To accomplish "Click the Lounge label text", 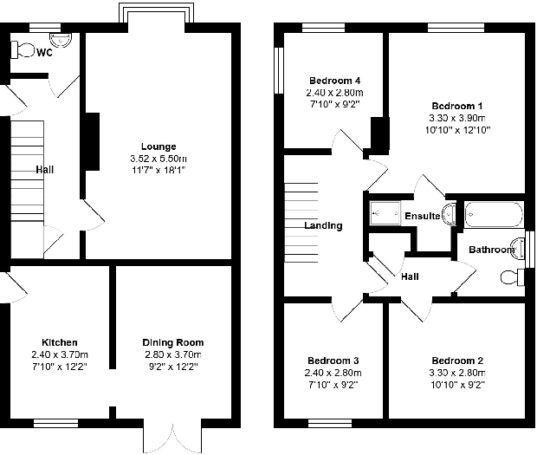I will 159,146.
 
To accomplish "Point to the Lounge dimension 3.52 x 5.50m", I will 159,159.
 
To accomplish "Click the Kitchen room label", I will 60,342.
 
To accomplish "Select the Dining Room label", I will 173,342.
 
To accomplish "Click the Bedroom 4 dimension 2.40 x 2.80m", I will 333,93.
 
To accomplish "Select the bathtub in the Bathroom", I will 494,213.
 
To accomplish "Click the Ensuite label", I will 422,216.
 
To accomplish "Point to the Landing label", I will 323,226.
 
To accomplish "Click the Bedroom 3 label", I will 333,361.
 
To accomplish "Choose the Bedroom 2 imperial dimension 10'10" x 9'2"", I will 457,383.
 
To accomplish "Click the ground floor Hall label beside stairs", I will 44,170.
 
